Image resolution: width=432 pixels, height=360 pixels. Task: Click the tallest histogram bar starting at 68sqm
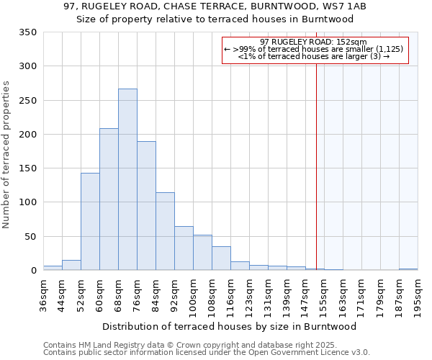tap(127, 180)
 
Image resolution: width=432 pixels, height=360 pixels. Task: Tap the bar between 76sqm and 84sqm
tap(146, 206)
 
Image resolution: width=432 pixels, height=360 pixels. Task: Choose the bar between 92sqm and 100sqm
tap(184, 248)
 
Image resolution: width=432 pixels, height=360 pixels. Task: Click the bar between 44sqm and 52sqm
tap(71, 265)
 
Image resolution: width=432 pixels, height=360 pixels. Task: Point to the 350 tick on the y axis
tap(27, 32)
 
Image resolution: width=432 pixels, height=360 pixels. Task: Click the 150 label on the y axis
tap(27, 168)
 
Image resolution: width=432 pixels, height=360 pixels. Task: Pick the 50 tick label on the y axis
tap(30, 236)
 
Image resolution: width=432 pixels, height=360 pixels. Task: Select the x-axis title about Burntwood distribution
tap(230, 326)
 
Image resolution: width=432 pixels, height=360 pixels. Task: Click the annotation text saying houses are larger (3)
tap(314, 56)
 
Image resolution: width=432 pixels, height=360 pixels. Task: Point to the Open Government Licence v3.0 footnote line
tap(207, 353)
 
